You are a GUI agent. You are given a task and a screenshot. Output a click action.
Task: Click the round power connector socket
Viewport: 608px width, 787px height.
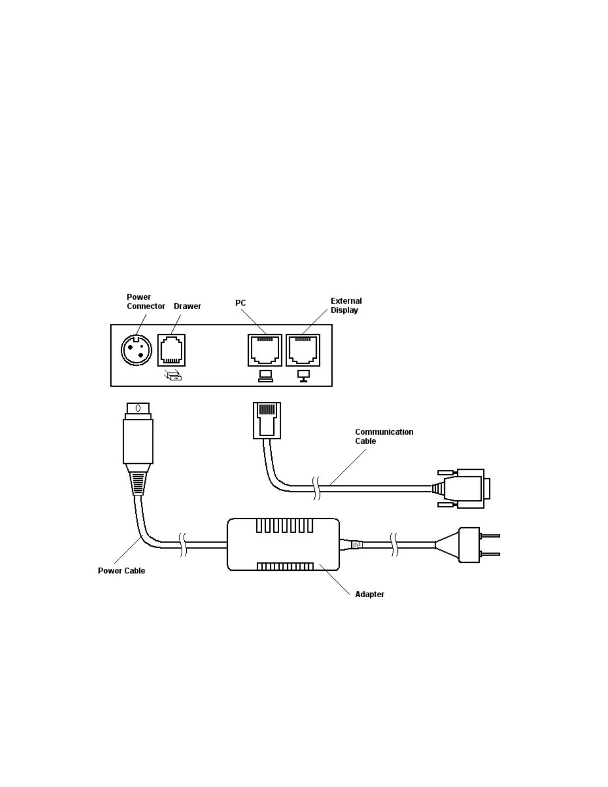(136, 350)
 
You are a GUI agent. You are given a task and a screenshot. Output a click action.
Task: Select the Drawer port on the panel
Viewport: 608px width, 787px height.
(171, 350)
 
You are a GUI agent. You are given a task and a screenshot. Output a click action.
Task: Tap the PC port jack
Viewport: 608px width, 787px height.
(265, 350)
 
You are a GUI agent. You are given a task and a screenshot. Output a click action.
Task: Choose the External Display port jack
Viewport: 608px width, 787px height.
(303, 350)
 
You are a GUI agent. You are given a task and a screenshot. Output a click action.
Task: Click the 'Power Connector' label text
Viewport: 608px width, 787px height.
(145, 302)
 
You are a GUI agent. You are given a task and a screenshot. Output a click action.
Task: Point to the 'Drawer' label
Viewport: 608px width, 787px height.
(187, 306)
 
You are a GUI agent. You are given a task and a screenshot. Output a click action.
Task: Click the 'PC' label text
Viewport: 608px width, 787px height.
(240, 303)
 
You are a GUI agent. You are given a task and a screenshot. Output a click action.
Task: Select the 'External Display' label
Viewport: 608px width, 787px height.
(346, 306)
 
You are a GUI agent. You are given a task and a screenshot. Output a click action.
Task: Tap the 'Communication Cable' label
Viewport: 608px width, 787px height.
(383, 436)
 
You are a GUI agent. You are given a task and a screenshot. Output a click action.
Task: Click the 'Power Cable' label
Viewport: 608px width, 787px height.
(121, 570)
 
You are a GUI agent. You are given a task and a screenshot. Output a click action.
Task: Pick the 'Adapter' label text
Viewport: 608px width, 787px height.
(370, 594)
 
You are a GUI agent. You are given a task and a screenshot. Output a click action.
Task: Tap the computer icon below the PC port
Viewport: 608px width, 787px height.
(265, 376)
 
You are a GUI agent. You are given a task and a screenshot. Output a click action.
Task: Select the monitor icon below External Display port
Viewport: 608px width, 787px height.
(303, 376)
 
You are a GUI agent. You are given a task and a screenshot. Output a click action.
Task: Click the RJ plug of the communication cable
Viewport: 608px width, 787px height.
(267, 420)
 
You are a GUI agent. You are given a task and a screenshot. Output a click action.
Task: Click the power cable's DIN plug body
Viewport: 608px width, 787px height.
(138, 441)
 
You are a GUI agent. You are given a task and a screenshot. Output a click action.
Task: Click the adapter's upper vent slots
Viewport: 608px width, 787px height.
(284, 526)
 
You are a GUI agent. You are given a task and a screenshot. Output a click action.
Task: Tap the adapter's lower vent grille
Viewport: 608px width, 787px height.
(285, 566)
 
